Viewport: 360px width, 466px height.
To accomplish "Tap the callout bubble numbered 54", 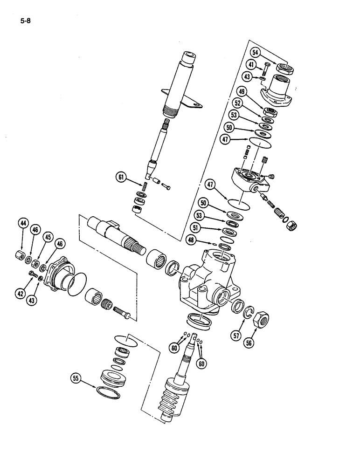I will click(x=255, y=53).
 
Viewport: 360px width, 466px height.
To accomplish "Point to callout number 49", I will click(x=242, y=92).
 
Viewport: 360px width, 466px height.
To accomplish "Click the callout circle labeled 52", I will click(x=238, y=103).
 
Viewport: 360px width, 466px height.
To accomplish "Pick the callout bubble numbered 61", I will click(x=121, y=177).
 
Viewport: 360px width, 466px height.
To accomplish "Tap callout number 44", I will click(x=22, y=224).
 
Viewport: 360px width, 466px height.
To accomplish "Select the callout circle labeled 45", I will click(x=47, y=237).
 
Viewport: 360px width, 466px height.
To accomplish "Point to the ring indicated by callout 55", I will click(x=108, y=391).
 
